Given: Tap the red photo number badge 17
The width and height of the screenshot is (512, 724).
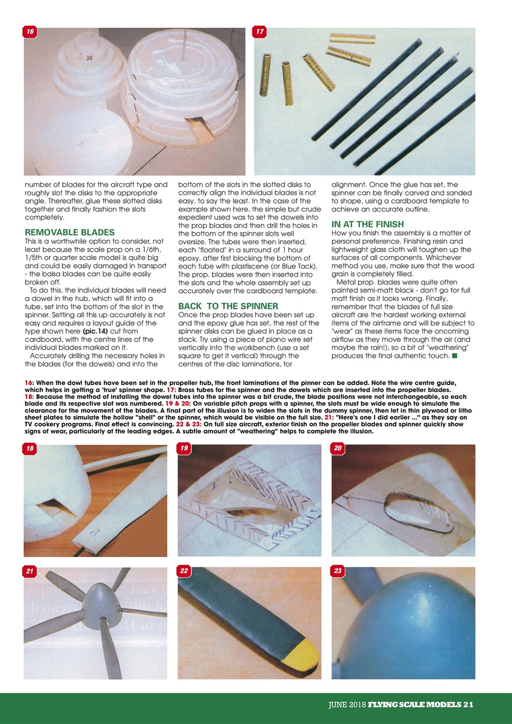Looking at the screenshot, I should pos(260,32).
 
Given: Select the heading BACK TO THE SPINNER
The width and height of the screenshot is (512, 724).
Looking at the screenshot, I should pos(220,306).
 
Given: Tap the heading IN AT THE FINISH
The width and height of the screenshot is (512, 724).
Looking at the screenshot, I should pos(367,225).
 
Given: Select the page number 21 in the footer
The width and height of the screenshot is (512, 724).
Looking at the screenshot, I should pos(467,705).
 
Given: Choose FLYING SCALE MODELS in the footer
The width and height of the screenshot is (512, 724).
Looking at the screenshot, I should pos(414,705).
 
